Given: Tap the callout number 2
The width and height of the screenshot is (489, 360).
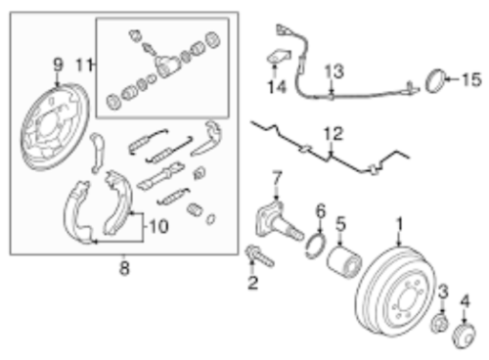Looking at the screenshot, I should [x=252, y=284].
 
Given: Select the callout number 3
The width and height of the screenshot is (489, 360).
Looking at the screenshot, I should [x=442, y=291].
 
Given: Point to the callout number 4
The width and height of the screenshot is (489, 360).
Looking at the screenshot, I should [x=466, y=301].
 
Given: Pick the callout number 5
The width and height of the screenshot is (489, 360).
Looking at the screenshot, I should [x=341, y=224].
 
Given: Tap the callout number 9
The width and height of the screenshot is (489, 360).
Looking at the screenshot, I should [x=57, y=67].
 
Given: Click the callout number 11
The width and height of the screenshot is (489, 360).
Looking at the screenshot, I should [x=85, y=66].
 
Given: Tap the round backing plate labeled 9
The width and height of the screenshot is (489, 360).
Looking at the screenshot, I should [x=52, y=128].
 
